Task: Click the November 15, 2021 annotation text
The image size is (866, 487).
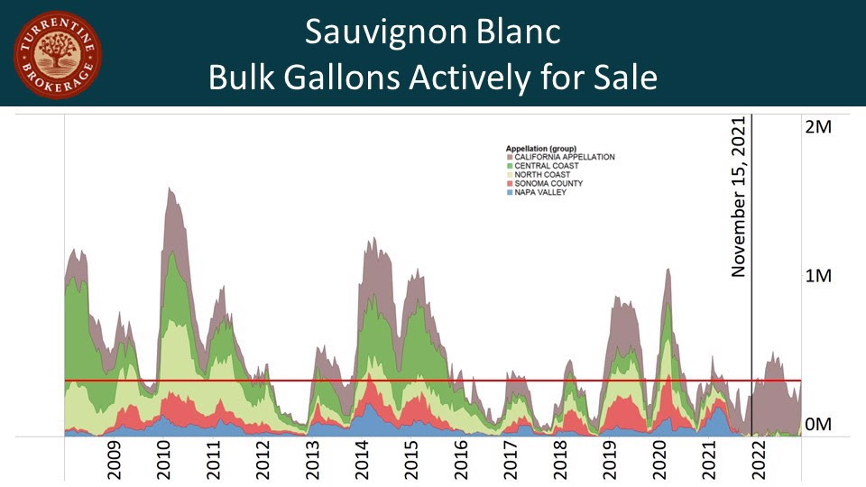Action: (x=741, y=197)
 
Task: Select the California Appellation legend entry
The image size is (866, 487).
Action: (x=565, y=157)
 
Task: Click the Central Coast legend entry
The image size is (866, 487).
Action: (x=551, y=166)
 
